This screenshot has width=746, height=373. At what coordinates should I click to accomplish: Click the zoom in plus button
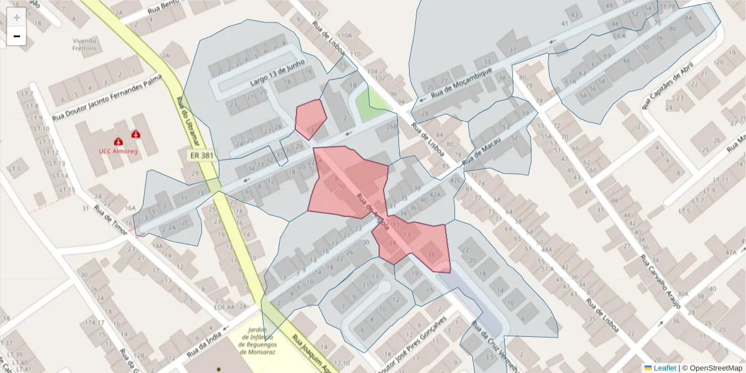pos(17,17)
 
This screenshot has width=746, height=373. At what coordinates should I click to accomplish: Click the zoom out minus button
pos(17,37)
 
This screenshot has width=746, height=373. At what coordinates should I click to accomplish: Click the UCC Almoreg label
pos(118,150)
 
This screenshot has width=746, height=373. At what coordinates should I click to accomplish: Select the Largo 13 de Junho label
pos(277,73)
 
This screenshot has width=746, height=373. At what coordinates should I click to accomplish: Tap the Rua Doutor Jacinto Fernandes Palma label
pos(107,97)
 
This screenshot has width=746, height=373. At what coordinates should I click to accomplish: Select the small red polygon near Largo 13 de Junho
pos(310,119)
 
